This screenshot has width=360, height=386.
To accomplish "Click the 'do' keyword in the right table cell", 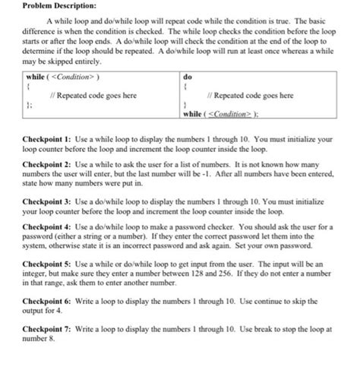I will pos(188,77).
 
